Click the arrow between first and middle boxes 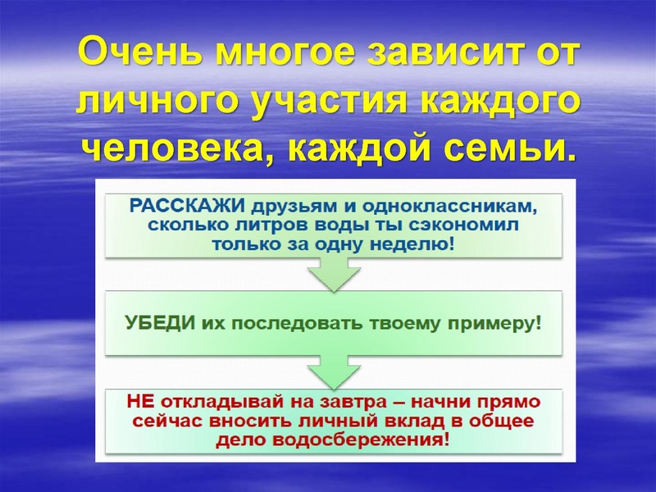334,272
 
